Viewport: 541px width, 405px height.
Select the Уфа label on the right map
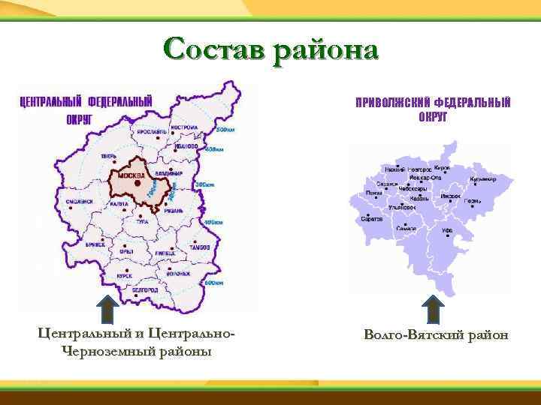[446, 232]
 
